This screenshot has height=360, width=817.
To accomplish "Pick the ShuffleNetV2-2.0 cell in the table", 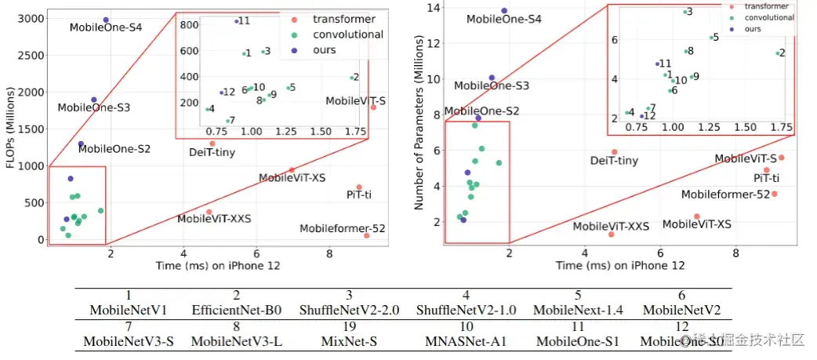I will (x=349, y=310).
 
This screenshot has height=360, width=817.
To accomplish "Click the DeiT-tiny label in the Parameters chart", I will (x=614, y=162).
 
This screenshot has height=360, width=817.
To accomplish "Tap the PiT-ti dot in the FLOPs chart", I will (x=359, y=187).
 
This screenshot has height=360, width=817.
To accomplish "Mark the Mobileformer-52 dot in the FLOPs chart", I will (x=367, y=235).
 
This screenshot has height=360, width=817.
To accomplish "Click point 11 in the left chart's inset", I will (x=236, y=21).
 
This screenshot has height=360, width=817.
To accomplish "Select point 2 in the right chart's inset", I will (x=778, y=53).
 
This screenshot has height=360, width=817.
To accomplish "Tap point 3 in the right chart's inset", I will (x=685, y=12).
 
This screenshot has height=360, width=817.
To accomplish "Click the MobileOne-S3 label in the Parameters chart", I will (x=492, y=85).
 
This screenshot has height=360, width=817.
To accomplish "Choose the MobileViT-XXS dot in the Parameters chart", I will (x=611, y=235).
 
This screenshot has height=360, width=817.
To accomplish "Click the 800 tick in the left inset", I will (x=188, y=24).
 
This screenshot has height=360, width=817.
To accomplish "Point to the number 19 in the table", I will (x=349, y=326).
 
